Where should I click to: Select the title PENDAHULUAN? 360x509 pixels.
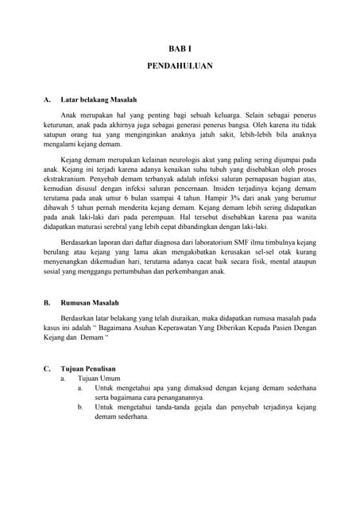pyautogui.click(x=180, y=67)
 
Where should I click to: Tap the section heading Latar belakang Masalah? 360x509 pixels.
pyautogui.click(x=99, y=100)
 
